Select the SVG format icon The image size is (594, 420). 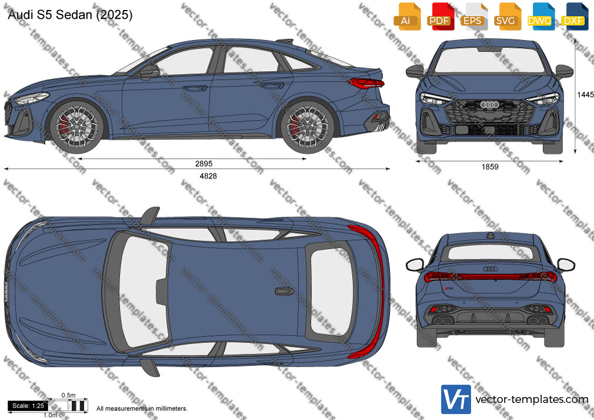(506, 16)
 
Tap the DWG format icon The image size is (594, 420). (539, 16)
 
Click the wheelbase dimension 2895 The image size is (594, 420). (204, 164)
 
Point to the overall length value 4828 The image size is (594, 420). (208, 176)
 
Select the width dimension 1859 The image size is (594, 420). (490, 167)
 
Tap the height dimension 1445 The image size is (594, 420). (585, 94)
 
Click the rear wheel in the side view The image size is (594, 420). (307, 126)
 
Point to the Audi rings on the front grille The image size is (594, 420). (489, 105)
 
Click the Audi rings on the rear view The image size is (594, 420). (490, 269)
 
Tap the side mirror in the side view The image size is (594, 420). (149, 72)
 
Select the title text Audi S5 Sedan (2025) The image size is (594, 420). (70, 15)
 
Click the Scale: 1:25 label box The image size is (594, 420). (28, 406)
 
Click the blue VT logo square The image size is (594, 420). (456, 399)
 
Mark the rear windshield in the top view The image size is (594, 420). (331, 292)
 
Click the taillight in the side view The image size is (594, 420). (366, 83)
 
